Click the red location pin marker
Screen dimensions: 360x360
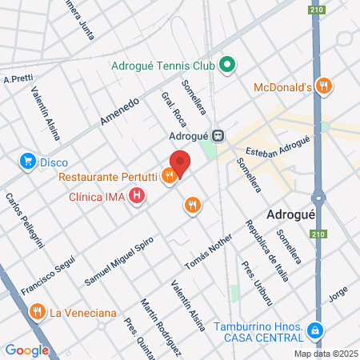[x=180, y=163]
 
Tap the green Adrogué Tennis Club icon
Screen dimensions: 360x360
[x=226, y=65]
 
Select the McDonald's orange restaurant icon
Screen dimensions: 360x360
[x=323, y=86]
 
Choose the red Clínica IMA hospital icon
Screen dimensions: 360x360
[x=138, y=194]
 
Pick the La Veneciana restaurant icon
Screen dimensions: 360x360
[x=36, y=311]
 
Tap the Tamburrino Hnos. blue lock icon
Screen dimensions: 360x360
[x=317, y=330]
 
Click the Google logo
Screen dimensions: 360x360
[x=26, y=350]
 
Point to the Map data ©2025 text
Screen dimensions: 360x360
[x=324, y=354]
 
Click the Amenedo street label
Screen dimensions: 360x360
[x=119, y=112]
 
